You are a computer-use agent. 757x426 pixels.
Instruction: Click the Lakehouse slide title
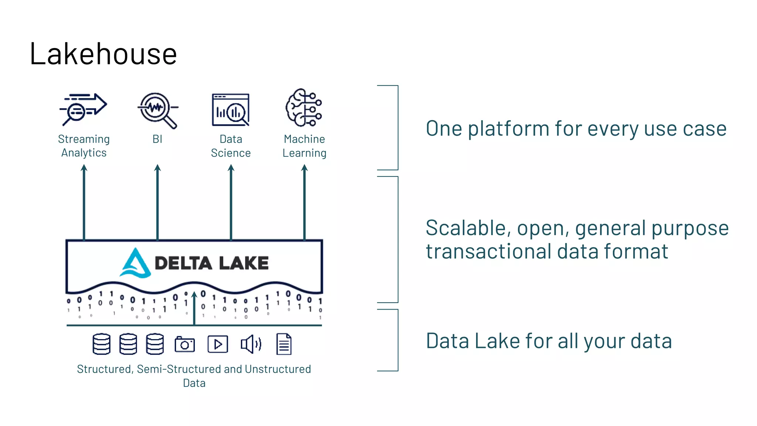pos(103,54)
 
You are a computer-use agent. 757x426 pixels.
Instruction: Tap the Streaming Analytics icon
pos(84,109)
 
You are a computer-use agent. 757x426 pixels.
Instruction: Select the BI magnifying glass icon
pos(158,110)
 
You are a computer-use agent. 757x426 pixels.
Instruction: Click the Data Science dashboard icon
pos(231,110)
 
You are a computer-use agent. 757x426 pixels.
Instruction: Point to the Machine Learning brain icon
pos(304,108)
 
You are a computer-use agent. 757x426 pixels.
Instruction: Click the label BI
pos(157,139)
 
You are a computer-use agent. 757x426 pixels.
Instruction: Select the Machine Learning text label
pos(304,146)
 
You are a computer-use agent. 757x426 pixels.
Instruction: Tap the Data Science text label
pos(231,146)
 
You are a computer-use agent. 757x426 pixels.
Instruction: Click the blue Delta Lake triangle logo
pos(135,263)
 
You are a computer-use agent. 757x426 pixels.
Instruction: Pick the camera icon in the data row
pos(184,344)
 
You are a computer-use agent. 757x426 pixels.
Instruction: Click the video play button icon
pos(218,344)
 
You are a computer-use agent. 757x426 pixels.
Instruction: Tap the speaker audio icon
pos(251,344)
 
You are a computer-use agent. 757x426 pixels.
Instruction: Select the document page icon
pos(284,344)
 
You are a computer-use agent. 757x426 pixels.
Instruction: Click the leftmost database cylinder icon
pos(101,344)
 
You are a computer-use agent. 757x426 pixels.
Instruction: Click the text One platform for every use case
pos(576,129)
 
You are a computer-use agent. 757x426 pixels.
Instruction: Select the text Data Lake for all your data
pos(549,341)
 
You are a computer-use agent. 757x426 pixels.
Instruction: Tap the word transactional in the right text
pos(488,251)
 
